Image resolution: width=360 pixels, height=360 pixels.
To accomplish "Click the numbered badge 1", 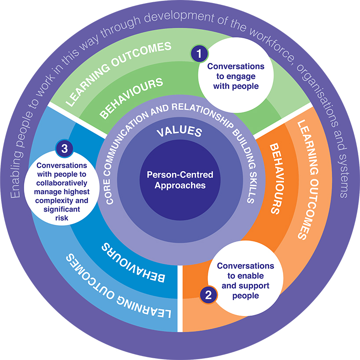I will tap(199, 54).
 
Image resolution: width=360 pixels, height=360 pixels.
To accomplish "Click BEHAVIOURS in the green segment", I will tap(132, 98).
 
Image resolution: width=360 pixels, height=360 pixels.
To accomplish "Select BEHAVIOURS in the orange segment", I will tap(276, 178).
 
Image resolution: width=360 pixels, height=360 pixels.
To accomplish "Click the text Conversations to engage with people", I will tap(236, 76).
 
